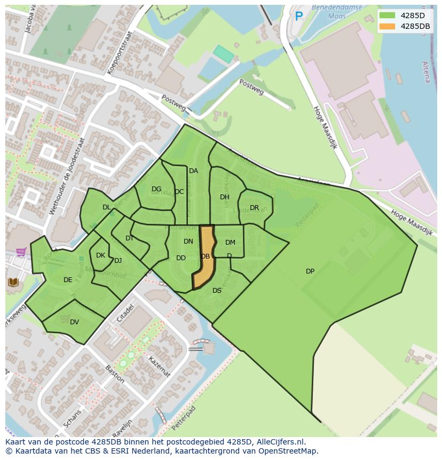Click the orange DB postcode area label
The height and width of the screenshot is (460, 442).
tap(206, 256)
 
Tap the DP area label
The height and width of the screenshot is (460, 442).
tap(310, 271)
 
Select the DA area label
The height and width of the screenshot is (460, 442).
tap(193, 171)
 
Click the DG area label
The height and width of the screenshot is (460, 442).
tap(156, 189)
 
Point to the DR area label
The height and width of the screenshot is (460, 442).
tap(254, 208)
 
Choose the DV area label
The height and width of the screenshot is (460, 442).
tap(74, 322)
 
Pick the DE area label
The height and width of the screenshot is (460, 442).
tap(68, 280)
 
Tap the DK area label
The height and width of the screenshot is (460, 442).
tap(100, 255)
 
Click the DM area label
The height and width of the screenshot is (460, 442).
tap(230, 243)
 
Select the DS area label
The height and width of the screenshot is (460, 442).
tap(217, 291)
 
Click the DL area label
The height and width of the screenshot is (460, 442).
tap(106, 207)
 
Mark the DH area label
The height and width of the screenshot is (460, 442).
tap(225, 197)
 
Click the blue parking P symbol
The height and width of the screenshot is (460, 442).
tap(299, 17)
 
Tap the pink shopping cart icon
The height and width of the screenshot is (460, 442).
tap(21, 252)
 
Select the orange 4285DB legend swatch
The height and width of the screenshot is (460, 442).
tap(388, 26)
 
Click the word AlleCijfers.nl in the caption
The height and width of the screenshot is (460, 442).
tap(280, 442)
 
